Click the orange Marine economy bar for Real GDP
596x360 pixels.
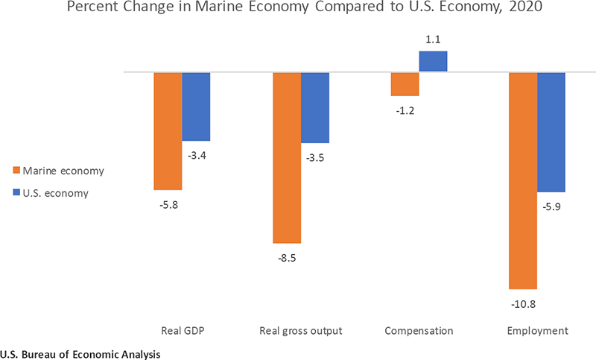click(168, 131)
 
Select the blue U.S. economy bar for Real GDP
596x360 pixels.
click(196, 107)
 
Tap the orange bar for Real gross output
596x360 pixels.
click(286, 157)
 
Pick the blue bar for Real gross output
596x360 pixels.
click(315, 107)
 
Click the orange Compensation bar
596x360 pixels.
click(405, 84)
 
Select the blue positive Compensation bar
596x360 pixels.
click(433, 61)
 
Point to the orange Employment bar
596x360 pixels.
click(522, 180)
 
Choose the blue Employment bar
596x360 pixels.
click(551, 132)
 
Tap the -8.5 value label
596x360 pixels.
click(286, 259)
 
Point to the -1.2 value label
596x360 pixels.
click(405, 110)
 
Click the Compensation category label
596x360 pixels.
click(419, 330)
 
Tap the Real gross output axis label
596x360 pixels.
click(300, 330)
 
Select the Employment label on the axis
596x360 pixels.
click(537, 330)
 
